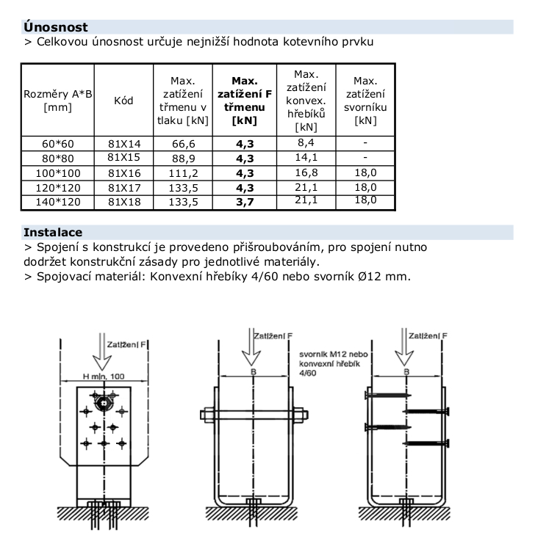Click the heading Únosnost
tap(55, 27)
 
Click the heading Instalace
tap(53, 233)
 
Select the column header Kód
tap(123, 101)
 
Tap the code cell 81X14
tap(124, 144)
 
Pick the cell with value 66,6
tap(184, 144)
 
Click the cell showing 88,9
tap(184, 159)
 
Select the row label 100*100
tap(58, 173)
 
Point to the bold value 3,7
tap(245, 202)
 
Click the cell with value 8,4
tap(306, 142)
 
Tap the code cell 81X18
tap(124, 202)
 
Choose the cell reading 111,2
tap(184, 173)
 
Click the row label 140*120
tap(58, 202)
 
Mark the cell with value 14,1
tap(306, 157)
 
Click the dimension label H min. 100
tap(104, 376)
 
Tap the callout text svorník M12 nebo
tap(334, 354)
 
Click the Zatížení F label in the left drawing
tap(126, 345)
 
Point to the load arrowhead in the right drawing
tap(404, 358)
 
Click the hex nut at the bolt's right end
tap(301, 415)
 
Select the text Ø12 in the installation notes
tap(369, 277)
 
